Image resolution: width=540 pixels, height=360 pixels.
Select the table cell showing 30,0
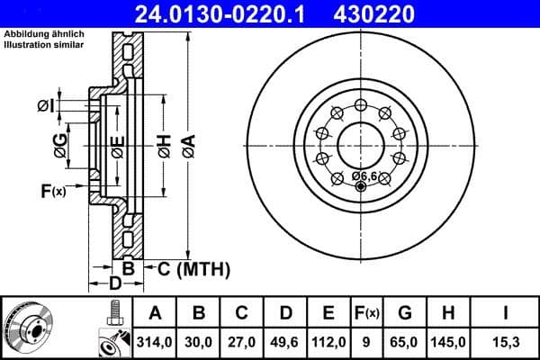200,341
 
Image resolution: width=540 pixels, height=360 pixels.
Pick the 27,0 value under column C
242,341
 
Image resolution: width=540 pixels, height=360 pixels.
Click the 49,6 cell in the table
285,341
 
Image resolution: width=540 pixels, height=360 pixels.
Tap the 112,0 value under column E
328,341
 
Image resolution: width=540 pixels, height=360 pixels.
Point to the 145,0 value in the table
449,341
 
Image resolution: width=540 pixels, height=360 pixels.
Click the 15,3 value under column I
507,341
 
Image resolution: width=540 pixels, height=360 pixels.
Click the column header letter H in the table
449,313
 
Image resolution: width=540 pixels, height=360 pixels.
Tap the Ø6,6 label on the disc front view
365,175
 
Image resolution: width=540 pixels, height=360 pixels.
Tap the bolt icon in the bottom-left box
112,312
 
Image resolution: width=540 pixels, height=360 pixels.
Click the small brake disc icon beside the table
28,328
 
